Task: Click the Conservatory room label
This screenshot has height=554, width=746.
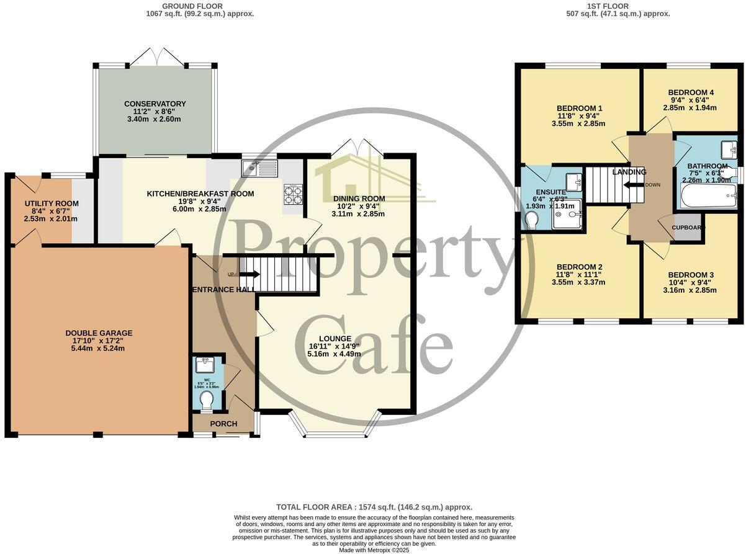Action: (x=155, y=104)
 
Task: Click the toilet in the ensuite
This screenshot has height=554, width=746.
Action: (x=532, y=219)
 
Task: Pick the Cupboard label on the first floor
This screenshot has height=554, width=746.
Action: (x=688, y=228)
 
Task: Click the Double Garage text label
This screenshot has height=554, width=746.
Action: (x=99, y=333)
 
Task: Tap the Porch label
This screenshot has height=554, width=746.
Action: (x=223, y=424)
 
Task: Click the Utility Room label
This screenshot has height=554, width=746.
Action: (x=52, y=203)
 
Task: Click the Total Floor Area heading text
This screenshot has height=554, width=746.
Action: (x=374, y=507)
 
